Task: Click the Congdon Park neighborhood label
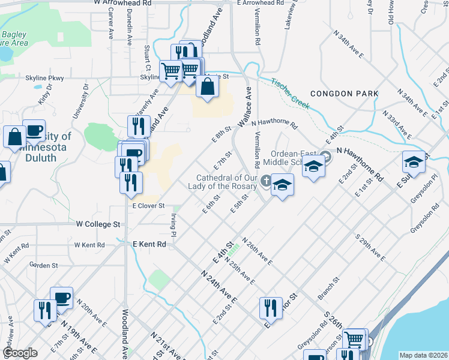pyautogui.click(x=344, y=94)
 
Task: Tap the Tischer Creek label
pyautogui.click(x=289, y=93)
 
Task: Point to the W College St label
pyautogui.click(x=98, y=224)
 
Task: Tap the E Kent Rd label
pyautogui.click(x=149, y=244)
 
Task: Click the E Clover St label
pyautogui.click(x=148, y=206)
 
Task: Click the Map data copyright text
pyautogui.click(x=423, y=355)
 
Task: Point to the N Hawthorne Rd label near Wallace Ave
pyautogui.click(x=274, y=124)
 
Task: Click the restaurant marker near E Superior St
pyautogui.click(x=271, y=308)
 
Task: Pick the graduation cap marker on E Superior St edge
pyautogui.click(x=414, y=163)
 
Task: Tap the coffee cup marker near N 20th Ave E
pyautogui.click(x=61, y=298)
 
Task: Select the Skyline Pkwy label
pyautogui.click(x=44, y=78)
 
